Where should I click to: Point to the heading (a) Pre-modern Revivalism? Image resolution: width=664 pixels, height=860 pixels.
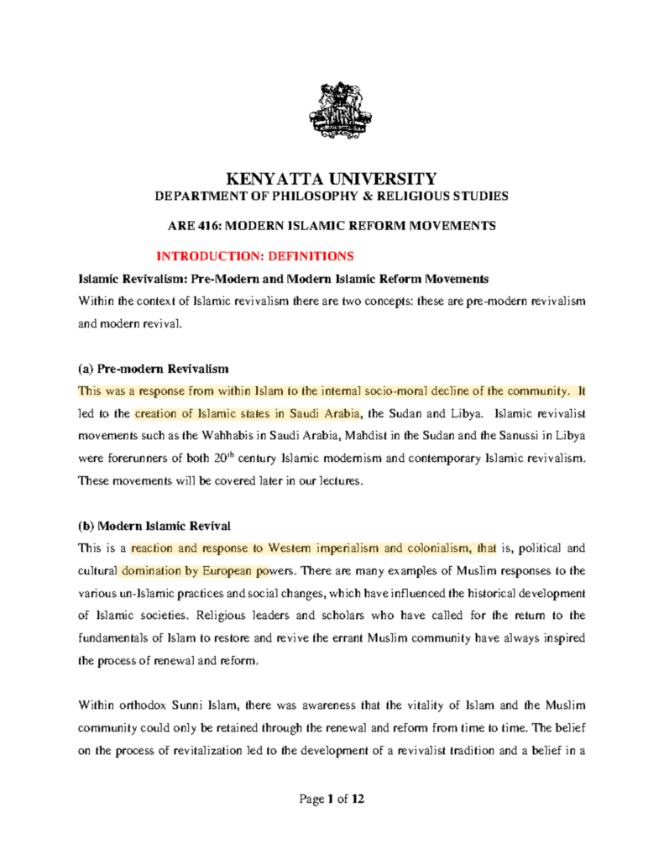coord(153,369)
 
